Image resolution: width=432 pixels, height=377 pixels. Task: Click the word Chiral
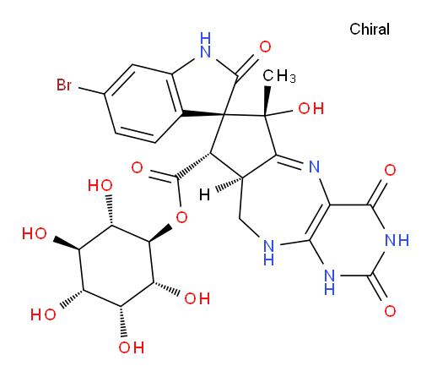[x=370, y=29]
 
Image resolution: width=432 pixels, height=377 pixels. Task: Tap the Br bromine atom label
[x=64, y=85]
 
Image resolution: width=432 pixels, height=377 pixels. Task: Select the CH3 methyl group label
[x=279, y=76]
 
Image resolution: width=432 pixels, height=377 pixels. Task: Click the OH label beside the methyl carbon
[x=310, y=108]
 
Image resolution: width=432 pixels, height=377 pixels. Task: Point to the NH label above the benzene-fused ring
[x=206, y=45]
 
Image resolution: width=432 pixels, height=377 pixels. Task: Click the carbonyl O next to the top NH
[x=265, y=46]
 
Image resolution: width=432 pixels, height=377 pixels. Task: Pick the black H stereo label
[x=204, y=194]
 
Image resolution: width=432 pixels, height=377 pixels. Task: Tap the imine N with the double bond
[x=314, y=167]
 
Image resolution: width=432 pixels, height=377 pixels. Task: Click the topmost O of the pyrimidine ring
[x=390, y=171]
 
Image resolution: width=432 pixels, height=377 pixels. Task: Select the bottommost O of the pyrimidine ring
[x=390, y=311]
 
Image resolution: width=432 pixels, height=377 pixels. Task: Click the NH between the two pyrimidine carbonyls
[x=397, y=240]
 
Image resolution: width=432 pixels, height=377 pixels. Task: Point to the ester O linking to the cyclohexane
[x=181, y=217]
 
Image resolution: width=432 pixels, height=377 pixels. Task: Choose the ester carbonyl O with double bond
[x=137, y=167]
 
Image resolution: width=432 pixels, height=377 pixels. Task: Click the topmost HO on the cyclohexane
[x=100, y=185]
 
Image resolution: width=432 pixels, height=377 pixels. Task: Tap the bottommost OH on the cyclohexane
[x=131, y=347]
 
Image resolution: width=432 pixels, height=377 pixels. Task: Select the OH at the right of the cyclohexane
[x=197, y=298]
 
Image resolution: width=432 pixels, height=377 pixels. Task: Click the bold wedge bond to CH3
[x=267, y=101]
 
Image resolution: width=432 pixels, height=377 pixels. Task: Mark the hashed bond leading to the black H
[x=229, y=184]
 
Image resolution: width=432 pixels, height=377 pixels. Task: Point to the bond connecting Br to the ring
[x=91, y=91]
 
